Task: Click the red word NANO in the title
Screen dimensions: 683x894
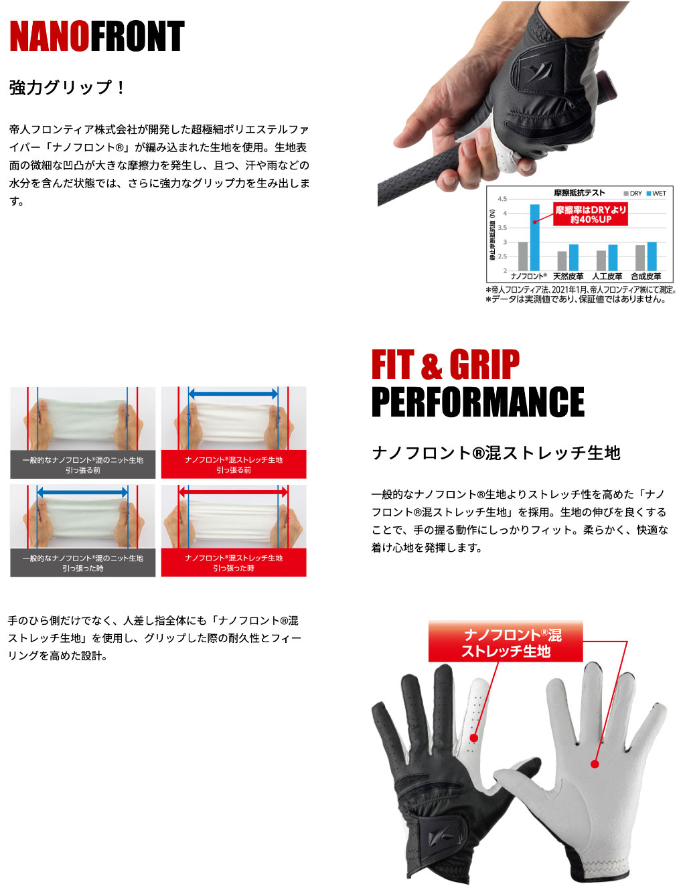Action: tap(50, 36)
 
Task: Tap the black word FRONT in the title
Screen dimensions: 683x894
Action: tap(137, 36)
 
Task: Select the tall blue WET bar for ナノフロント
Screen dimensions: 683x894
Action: tap(534, 238)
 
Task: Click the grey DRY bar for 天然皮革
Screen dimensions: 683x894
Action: tap(562, 261)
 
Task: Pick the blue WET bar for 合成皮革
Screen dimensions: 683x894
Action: tap(652, 256)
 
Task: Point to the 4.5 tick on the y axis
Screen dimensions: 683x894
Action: tap(502, 199)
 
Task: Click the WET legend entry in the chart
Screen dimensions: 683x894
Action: tap(656, 193)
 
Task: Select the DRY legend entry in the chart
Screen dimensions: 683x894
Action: tap(633, 193)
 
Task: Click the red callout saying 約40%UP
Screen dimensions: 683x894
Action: tap(590, 214)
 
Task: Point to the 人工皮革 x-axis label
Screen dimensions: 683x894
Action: tap(607, 276)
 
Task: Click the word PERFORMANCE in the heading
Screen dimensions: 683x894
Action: tap(477, 402)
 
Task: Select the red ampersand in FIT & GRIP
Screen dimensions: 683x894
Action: tap(431, 366)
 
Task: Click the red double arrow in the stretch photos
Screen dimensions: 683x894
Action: tap(234, 492)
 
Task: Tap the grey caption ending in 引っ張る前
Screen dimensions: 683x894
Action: tap(82, 464)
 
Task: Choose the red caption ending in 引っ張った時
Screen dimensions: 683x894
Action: tap(234, 563)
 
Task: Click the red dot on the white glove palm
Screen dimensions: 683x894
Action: tap(594, 765)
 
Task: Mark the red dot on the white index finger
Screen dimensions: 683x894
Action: tap(473, 737)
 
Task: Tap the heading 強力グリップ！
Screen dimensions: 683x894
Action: tap(67, 88)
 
